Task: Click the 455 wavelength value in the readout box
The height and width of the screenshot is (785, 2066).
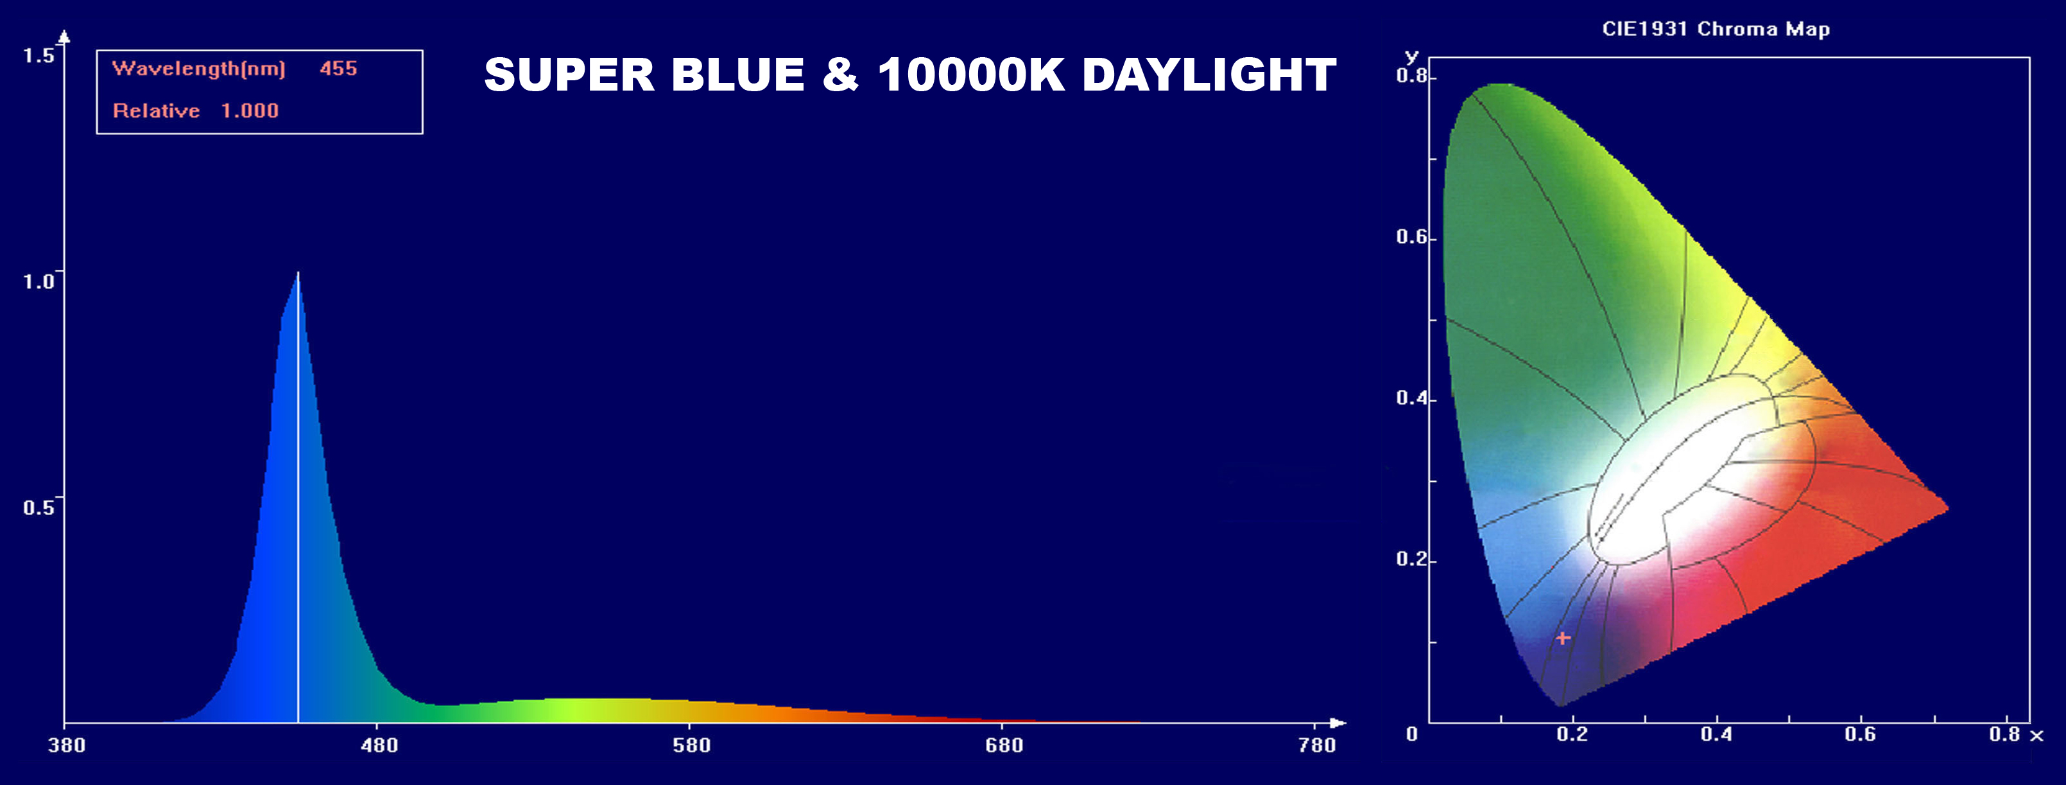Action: pyautogui.click(x=338, y=68)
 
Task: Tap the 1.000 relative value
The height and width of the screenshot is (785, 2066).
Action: pyautogui.click(x=250, y=110)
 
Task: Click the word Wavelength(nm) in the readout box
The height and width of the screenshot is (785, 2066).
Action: pyautogui.click(x=199, y=69)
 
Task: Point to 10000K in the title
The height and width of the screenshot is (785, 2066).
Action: pyautogui.click(x=970, y=75)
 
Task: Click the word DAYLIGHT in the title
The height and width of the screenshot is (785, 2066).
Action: pyautogui.click(x=1209, y=75)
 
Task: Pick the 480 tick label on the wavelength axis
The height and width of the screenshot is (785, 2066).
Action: pyautogui.click(x=379, y=746)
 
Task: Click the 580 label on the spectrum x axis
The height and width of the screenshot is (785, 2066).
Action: pyautogui.click(x=691, y=746)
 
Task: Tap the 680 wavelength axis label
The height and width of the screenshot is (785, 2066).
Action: pyautogui.click(x=1004, y=746)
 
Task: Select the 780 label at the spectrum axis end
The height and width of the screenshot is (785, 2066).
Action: pyautogui.click(x=1317, y=746)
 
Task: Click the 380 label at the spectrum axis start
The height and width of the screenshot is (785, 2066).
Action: pyautogui.click(x=67, y=746)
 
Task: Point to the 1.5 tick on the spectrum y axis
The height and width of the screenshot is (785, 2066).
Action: pyautogui.click(x=38, y=55)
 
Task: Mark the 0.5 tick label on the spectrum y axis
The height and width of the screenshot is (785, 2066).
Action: pyautogui.click(x=38, y=507)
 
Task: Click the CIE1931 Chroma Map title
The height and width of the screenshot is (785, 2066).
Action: pyautogui.click(x=1716, y=30)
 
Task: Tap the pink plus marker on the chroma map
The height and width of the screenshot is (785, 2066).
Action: pyautogui.click(x=1563, y=638)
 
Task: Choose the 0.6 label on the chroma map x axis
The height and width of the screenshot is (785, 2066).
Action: pyautogui.click(x=1860, y=734)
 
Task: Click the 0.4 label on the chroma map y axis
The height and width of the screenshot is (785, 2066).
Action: pyautogui.click(x=1411, y=398)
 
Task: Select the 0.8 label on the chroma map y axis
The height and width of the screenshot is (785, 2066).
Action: pyautogui.click(x=1411, y=76)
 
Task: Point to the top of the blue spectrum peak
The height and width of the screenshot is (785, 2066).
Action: pyautogui.click(x=298, y=273)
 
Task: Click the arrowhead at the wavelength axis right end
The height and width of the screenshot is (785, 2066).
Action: pyautogui.click(x=1338, y=723)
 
